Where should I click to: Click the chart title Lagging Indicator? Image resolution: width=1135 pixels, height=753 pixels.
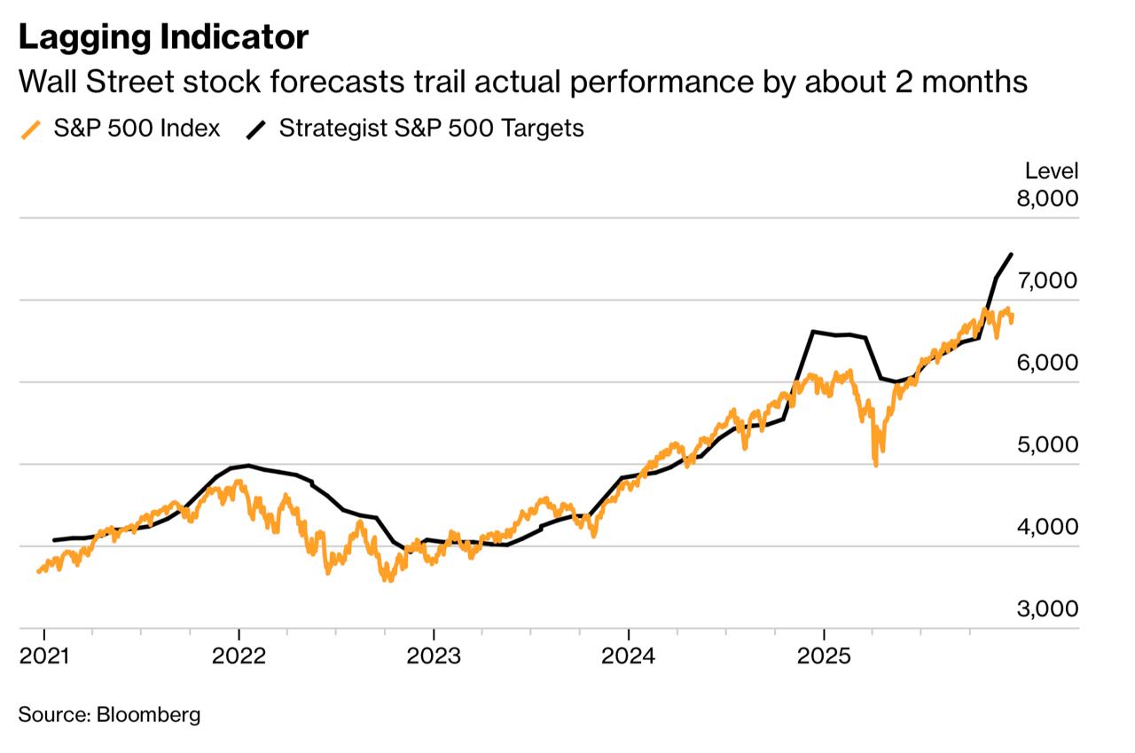pyautogui.click(x=163, y=37)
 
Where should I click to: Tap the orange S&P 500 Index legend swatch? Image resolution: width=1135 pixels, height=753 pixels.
pyautogui.click(x=32, y=129)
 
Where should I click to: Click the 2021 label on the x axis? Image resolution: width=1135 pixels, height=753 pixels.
pyautogui.click(x=43, y=658)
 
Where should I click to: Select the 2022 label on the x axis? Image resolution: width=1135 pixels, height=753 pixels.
pyautogui.click(x=239, y=658)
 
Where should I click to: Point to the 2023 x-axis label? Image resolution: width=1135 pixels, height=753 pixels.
pyautogui.click(x=433, y=658)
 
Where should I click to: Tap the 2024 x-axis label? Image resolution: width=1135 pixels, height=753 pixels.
pyautogui.click(x=628, y=658)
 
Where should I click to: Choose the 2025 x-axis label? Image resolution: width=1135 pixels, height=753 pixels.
pyautogui.click(x=824, y=658)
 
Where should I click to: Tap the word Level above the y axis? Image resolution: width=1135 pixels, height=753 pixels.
pyautogui.click(x=1052, y=171)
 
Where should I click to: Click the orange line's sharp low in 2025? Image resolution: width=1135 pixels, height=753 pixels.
pyautogui.click(x=876, y=464)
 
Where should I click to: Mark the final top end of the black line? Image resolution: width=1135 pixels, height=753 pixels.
pyautogui.click(x=1012, y=255)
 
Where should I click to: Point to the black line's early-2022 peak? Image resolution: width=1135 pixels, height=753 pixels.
pyautogui.click(x=248, y=465)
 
